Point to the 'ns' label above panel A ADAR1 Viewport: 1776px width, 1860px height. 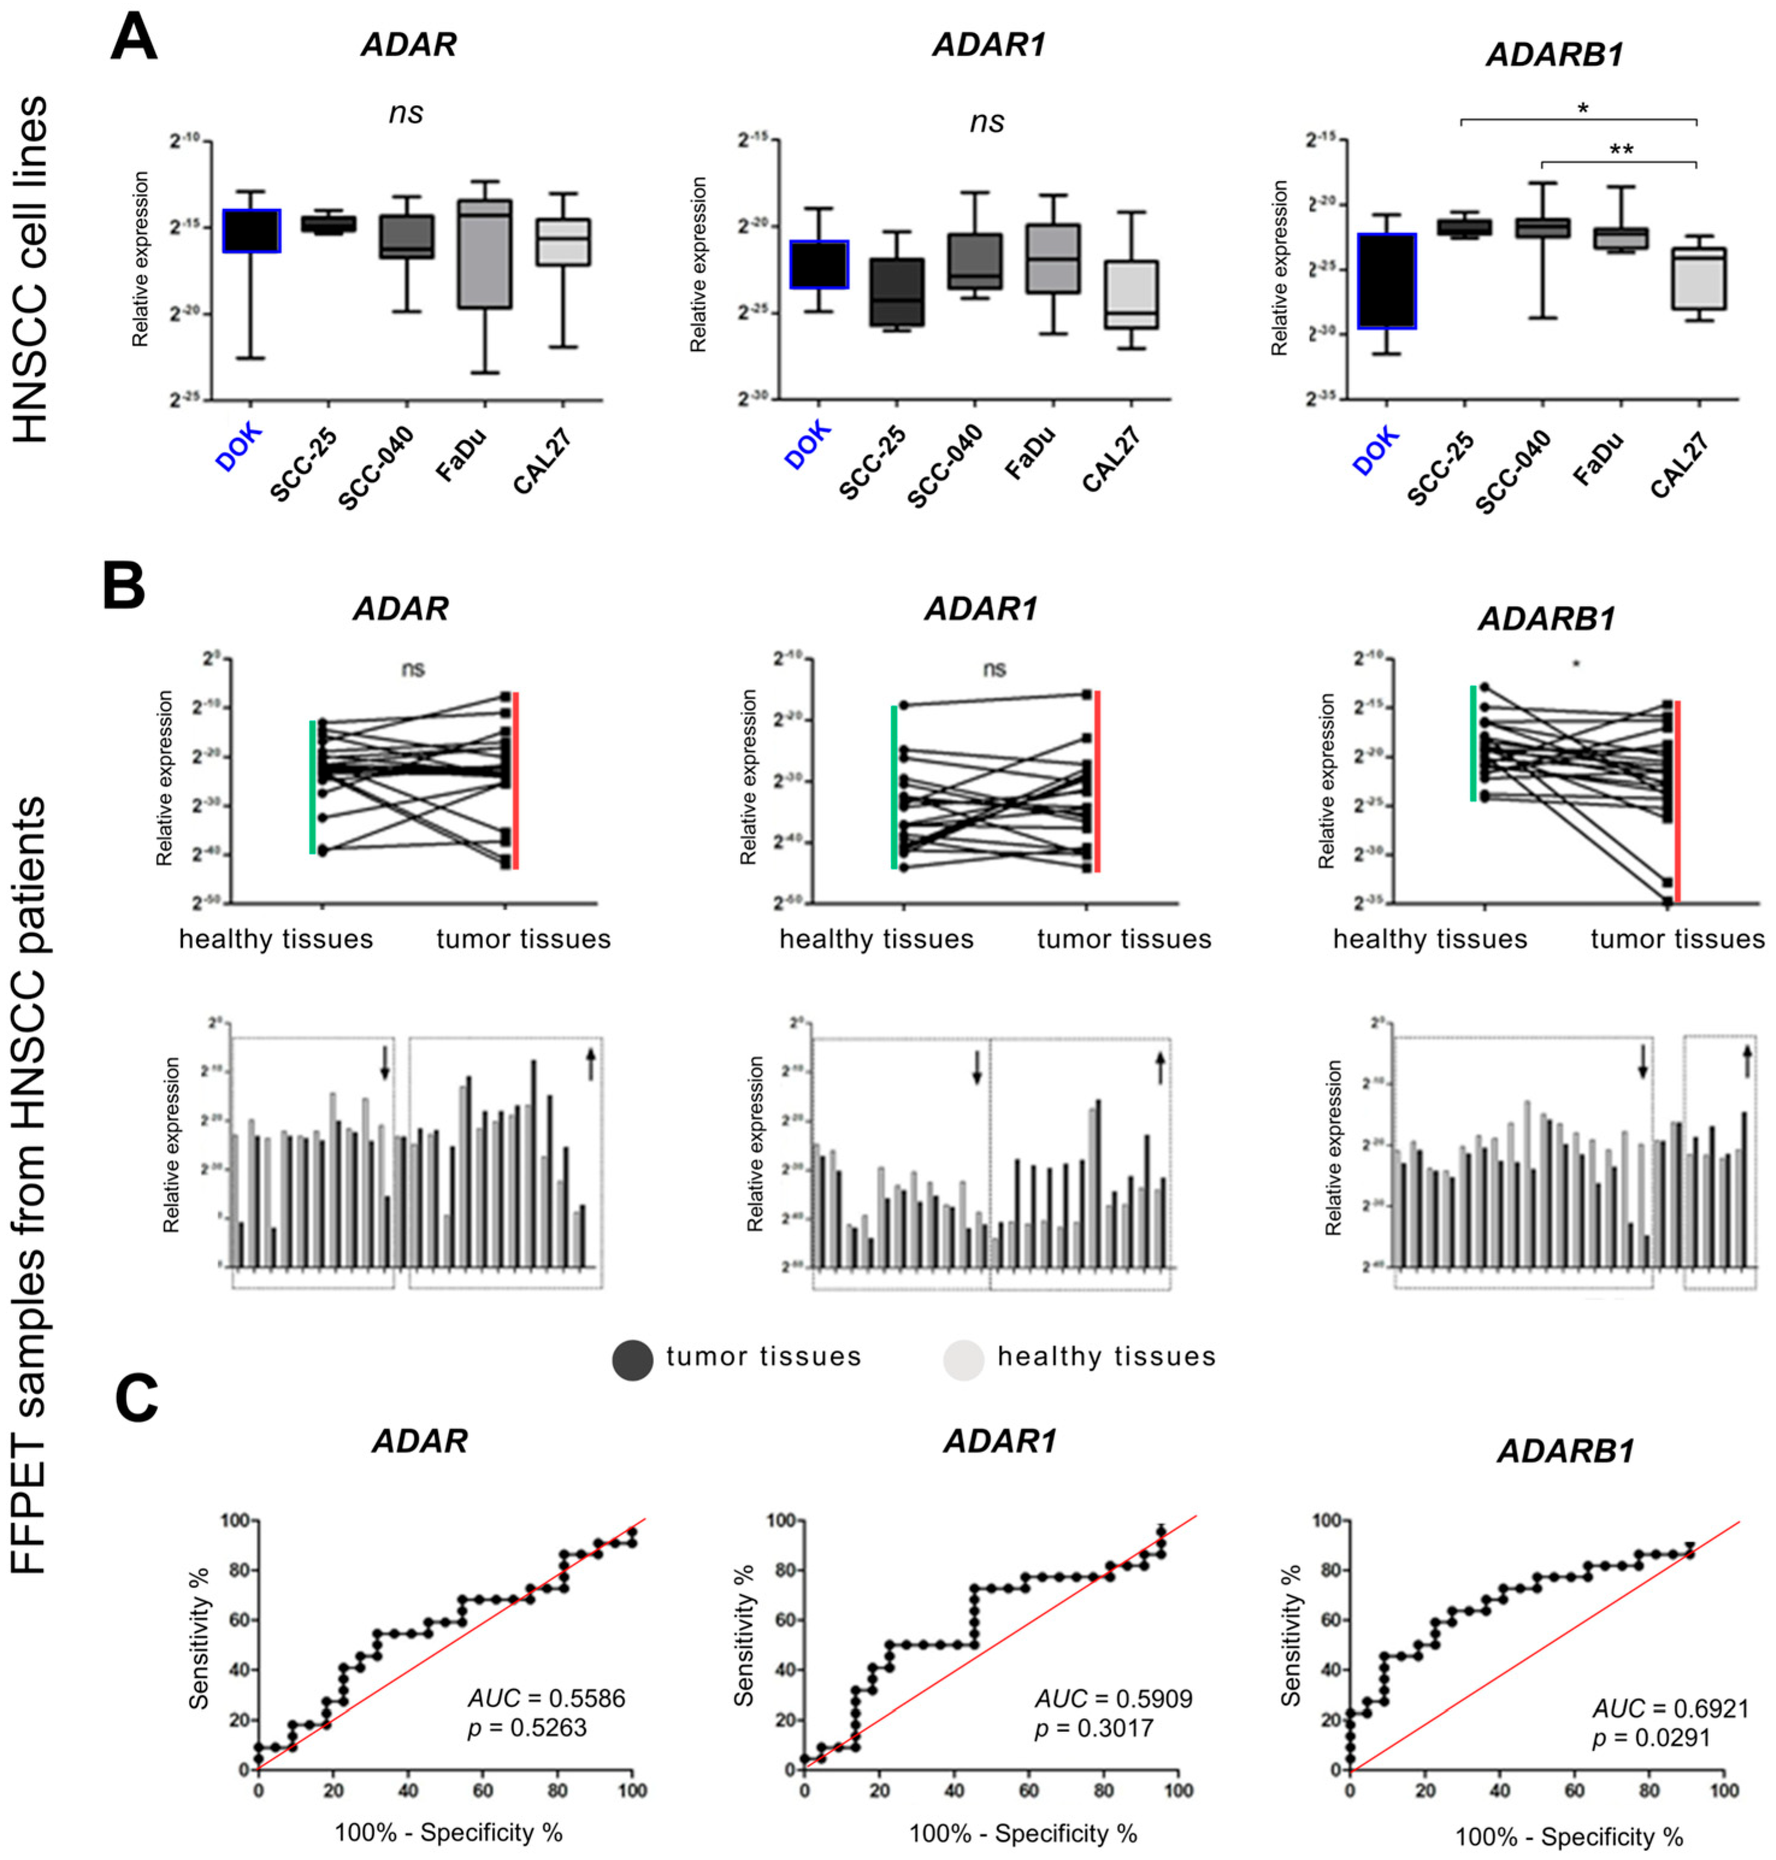[x=986, y=121]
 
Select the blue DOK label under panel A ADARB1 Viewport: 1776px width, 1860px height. [x=1376, y=449]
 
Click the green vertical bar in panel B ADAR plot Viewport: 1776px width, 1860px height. [x=312, y=787]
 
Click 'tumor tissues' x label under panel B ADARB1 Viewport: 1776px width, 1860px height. [x=1677, y=940]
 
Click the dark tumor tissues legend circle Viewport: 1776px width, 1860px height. [x=633, y=1359]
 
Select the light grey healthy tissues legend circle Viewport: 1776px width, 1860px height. [x=963, y=1359]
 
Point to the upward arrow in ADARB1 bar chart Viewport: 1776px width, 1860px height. [x=1747, y=1062]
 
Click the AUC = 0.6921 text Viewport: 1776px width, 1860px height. [x=1669, y=1708]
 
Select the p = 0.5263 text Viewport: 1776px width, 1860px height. [x=527, y=1728]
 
